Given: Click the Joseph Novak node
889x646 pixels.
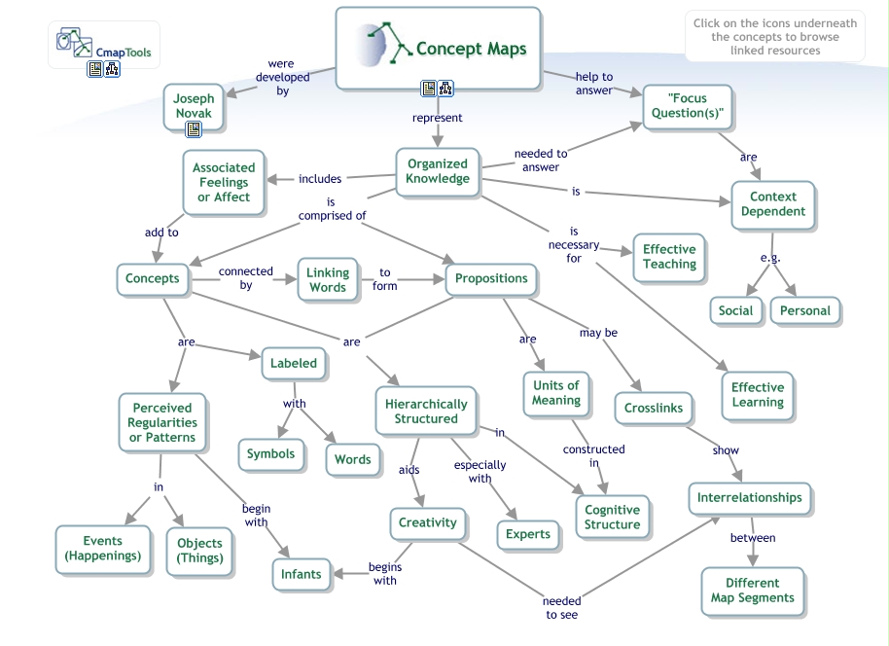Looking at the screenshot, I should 194,105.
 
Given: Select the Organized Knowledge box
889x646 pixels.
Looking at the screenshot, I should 437,171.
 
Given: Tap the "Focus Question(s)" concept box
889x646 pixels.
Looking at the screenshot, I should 687,106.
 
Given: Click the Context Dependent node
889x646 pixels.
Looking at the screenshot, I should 772,203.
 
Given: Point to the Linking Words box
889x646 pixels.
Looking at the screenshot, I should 328,280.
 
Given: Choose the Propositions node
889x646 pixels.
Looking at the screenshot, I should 491,278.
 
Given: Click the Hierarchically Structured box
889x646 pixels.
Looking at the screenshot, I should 426,411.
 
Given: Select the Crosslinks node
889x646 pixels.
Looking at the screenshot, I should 653,408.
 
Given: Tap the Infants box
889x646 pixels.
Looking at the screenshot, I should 301,574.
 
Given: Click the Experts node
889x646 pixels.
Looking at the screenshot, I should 528,534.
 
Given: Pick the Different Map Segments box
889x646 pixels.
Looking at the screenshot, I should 752,591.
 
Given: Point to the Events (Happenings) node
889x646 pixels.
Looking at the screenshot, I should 102,549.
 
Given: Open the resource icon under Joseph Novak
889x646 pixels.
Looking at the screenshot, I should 194,128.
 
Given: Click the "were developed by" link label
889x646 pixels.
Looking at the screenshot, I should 282,78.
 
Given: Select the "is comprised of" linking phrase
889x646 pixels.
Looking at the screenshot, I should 332,209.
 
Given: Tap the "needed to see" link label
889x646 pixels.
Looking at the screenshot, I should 562,608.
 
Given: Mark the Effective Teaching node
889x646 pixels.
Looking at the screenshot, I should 669,257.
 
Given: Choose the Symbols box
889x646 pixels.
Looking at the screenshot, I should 270,454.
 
